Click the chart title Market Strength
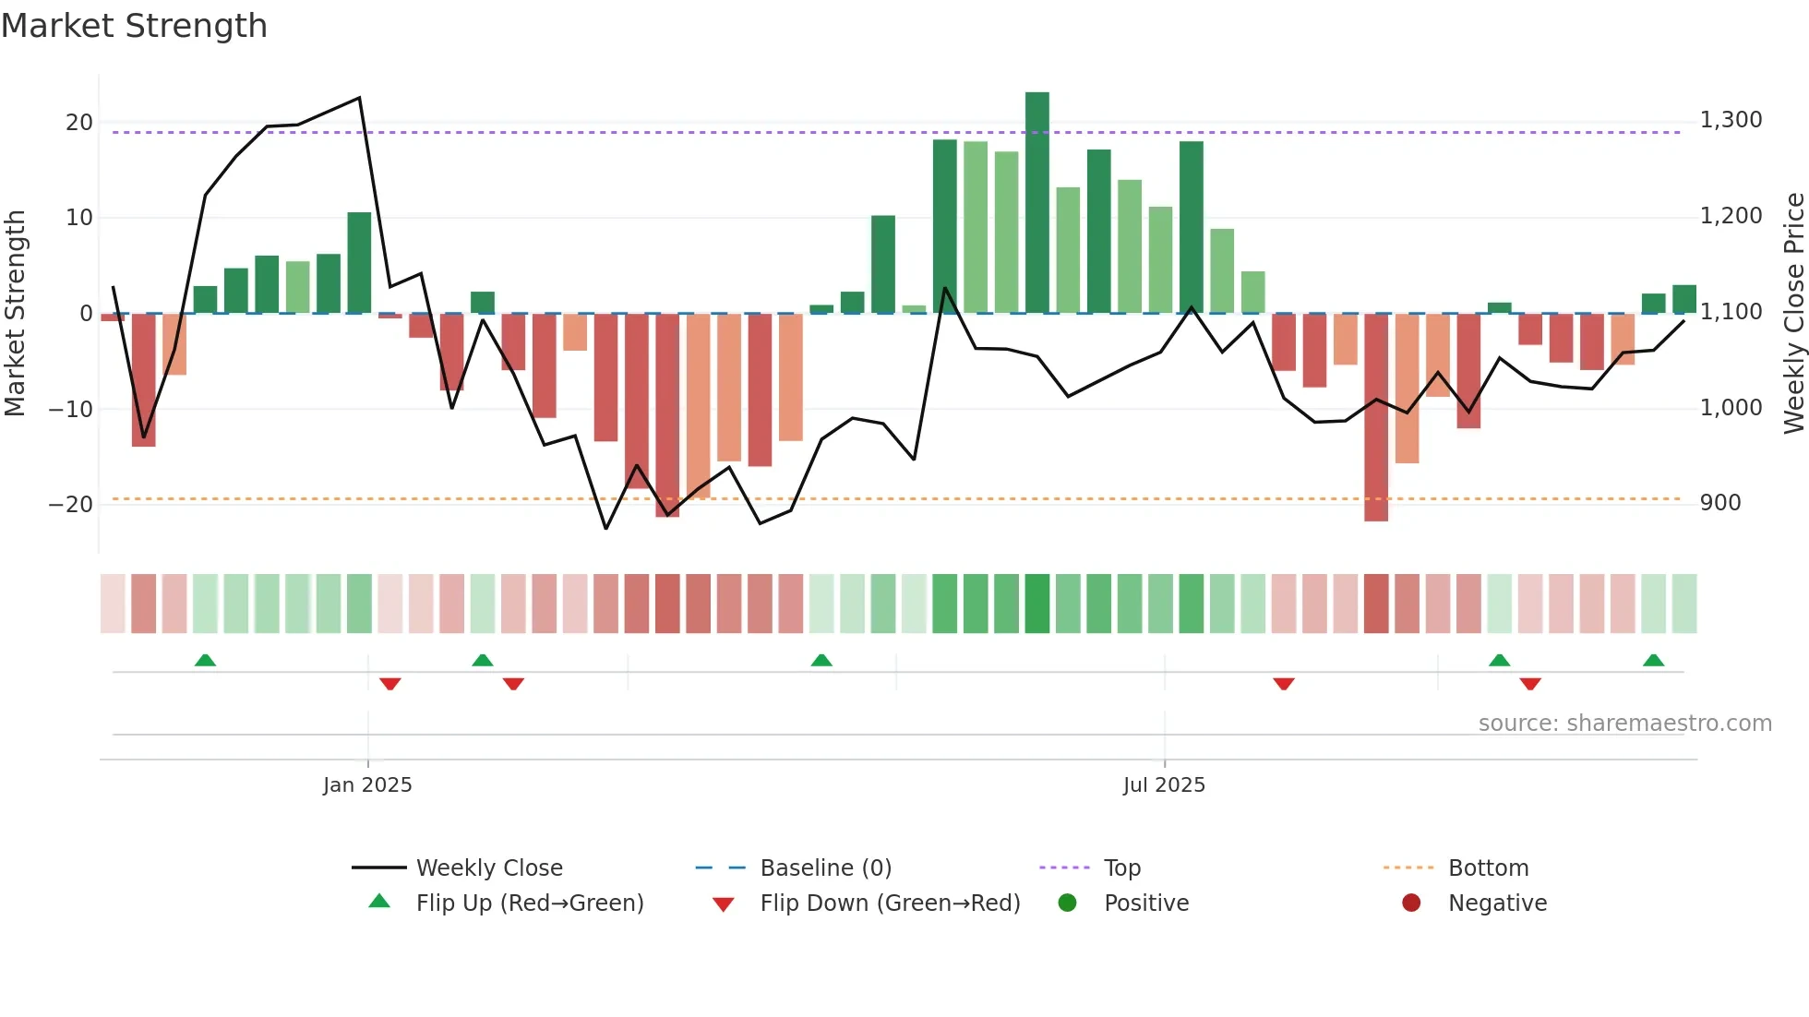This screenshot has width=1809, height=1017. [x=134, y=26]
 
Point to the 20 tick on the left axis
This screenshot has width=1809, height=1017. [x=79, y=123]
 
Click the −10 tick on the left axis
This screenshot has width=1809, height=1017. [x=71, y=409]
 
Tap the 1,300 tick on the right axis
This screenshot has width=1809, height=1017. [x=1731, y=120]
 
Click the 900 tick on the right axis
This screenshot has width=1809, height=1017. [x=1720, y=503]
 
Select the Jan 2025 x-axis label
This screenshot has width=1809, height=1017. [x=367, y=785]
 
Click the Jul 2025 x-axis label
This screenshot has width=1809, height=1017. [x=1164, y=785]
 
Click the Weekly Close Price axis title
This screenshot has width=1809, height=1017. [x=1793, y=313]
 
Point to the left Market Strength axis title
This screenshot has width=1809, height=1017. [x=15, y=313]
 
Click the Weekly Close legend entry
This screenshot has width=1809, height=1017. [x=488, y=868]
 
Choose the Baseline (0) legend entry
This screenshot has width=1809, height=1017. [x=825, y=868]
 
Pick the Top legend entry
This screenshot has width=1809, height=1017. [x=1122, y=868]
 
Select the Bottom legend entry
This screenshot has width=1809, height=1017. [x=1488, y=868]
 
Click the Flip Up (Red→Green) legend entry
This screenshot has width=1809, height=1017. [x=529, y=903]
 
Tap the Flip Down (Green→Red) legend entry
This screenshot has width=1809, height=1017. [x=890, y=903]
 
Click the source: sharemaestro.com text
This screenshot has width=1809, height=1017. [x=1624, y=724]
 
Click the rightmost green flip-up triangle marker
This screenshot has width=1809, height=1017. [x=1653, y=661]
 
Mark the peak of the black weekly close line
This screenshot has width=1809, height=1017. [x=359, y=98]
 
